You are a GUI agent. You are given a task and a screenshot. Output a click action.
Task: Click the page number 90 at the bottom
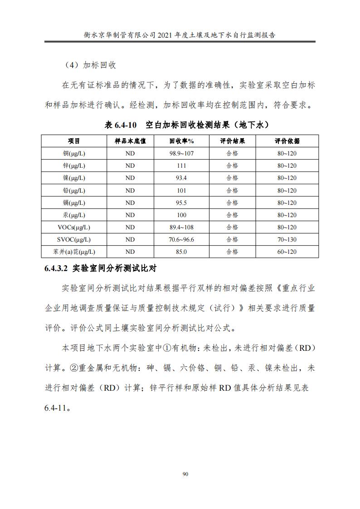185,474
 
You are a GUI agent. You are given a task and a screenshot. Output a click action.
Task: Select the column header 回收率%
181,141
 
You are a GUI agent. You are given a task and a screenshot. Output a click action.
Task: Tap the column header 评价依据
287,141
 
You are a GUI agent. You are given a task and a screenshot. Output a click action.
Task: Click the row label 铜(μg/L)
74,154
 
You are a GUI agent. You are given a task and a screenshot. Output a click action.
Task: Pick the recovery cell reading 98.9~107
181,154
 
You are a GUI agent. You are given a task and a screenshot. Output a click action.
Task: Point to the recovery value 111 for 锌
181,166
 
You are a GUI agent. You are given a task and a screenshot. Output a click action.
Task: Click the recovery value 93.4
181,178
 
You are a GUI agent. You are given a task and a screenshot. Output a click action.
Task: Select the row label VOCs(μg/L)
74,227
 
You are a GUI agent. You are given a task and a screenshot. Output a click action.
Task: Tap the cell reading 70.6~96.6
181,239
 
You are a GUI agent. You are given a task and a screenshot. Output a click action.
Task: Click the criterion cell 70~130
287,239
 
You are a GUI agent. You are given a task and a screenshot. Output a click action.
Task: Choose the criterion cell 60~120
287,252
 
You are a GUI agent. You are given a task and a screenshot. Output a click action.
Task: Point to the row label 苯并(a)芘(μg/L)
74,252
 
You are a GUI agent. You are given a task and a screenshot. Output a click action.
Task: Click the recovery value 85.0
181,252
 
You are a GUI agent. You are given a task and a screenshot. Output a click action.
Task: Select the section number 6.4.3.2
56,268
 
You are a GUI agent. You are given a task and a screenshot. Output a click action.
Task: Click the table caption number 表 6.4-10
121,125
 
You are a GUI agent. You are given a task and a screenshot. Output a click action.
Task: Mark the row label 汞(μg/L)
74,215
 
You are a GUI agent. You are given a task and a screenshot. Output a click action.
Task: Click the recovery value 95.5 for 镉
181,203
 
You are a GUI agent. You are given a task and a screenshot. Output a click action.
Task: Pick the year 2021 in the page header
167,34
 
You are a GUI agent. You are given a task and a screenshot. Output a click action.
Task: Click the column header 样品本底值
130,141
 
